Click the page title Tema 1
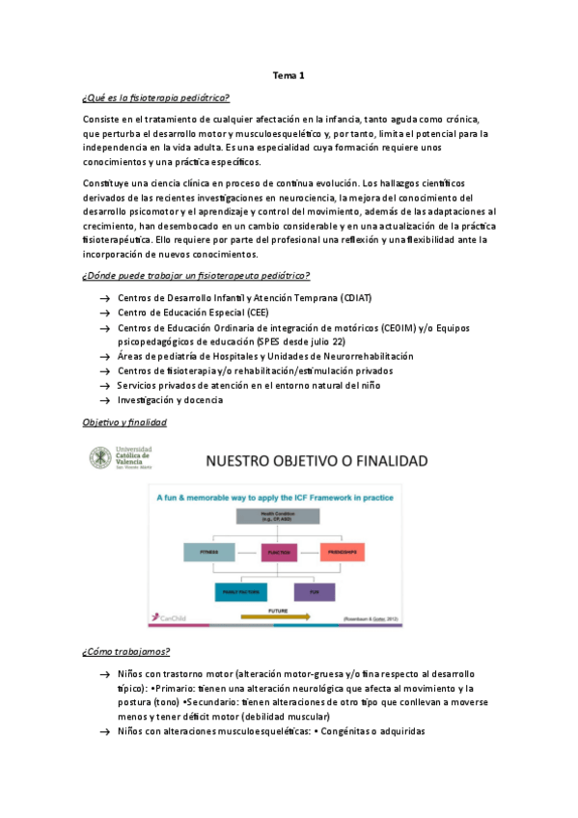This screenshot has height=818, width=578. (x=289, y=75)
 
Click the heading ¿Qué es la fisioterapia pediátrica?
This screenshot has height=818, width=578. (x=157, y=98)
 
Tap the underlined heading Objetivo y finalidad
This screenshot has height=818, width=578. (x=124, y=423)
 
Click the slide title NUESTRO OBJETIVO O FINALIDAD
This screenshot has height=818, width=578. (x=315, y=461)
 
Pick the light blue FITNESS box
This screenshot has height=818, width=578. (x=209, y=552)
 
